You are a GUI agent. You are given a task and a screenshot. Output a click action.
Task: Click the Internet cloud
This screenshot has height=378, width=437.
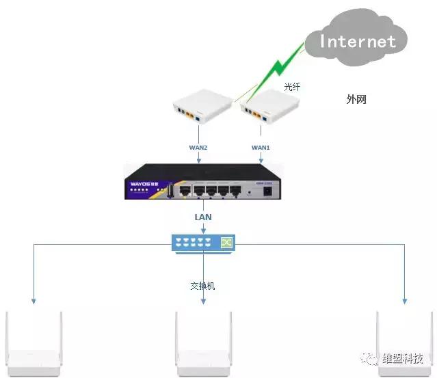[357, 40]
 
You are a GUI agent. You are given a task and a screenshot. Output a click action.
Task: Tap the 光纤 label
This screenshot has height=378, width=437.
[293, 87]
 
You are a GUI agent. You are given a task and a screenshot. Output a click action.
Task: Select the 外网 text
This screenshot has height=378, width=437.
[356, 100]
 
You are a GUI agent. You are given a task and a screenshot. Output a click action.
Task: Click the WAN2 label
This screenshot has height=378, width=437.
[198, 147]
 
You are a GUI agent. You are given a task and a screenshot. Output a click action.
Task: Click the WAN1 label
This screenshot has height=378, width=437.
[261, 147]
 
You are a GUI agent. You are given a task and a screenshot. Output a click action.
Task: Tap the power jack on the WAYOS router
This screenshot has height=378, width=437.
[268, 192]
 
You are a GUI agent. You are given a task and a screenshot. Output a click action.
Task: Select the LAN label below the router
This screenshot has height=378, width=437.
[202, 217]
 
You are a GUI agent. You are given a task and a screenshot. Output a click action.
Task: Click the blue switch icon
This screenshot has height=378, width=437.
[202, 243]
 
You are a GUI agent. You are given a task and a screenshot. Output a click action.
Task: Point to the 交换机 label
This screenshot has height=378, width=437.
[202, 286]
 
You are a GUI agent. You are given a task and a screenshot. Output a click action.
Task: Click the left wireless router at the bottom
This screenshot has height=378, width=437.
[34, 345]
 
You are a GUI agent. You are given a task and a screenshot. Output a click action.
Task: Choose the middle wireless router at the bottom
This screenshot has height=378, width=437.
[204, 345]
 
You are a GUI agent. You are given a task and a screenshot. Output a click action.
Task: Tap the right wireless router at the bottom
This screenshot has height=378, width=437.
[405, 345]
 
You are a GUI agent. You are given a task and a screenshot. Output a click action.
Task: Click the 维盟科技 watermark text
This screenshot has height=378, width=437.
[401, 359]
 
